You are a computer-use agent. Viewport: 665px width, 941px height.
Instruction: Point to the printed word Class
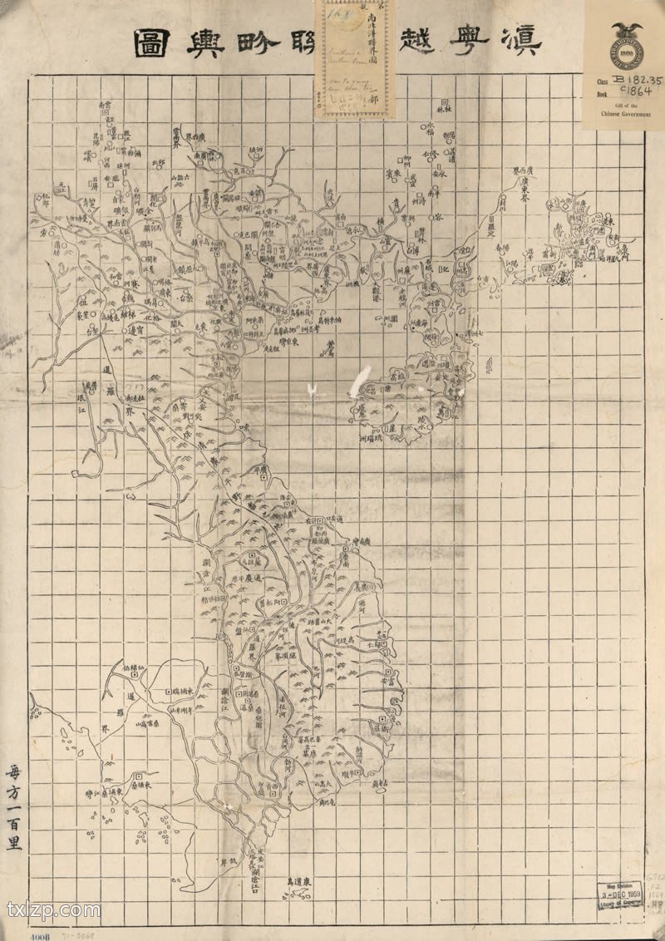click(x=601, y=82)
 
